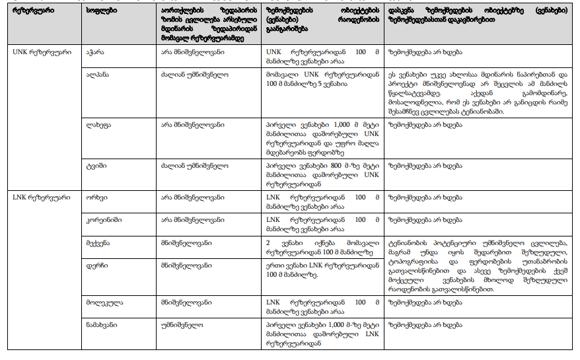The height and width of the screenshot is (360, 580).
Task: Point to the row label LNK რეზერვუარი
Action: (x=37, y=198)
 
